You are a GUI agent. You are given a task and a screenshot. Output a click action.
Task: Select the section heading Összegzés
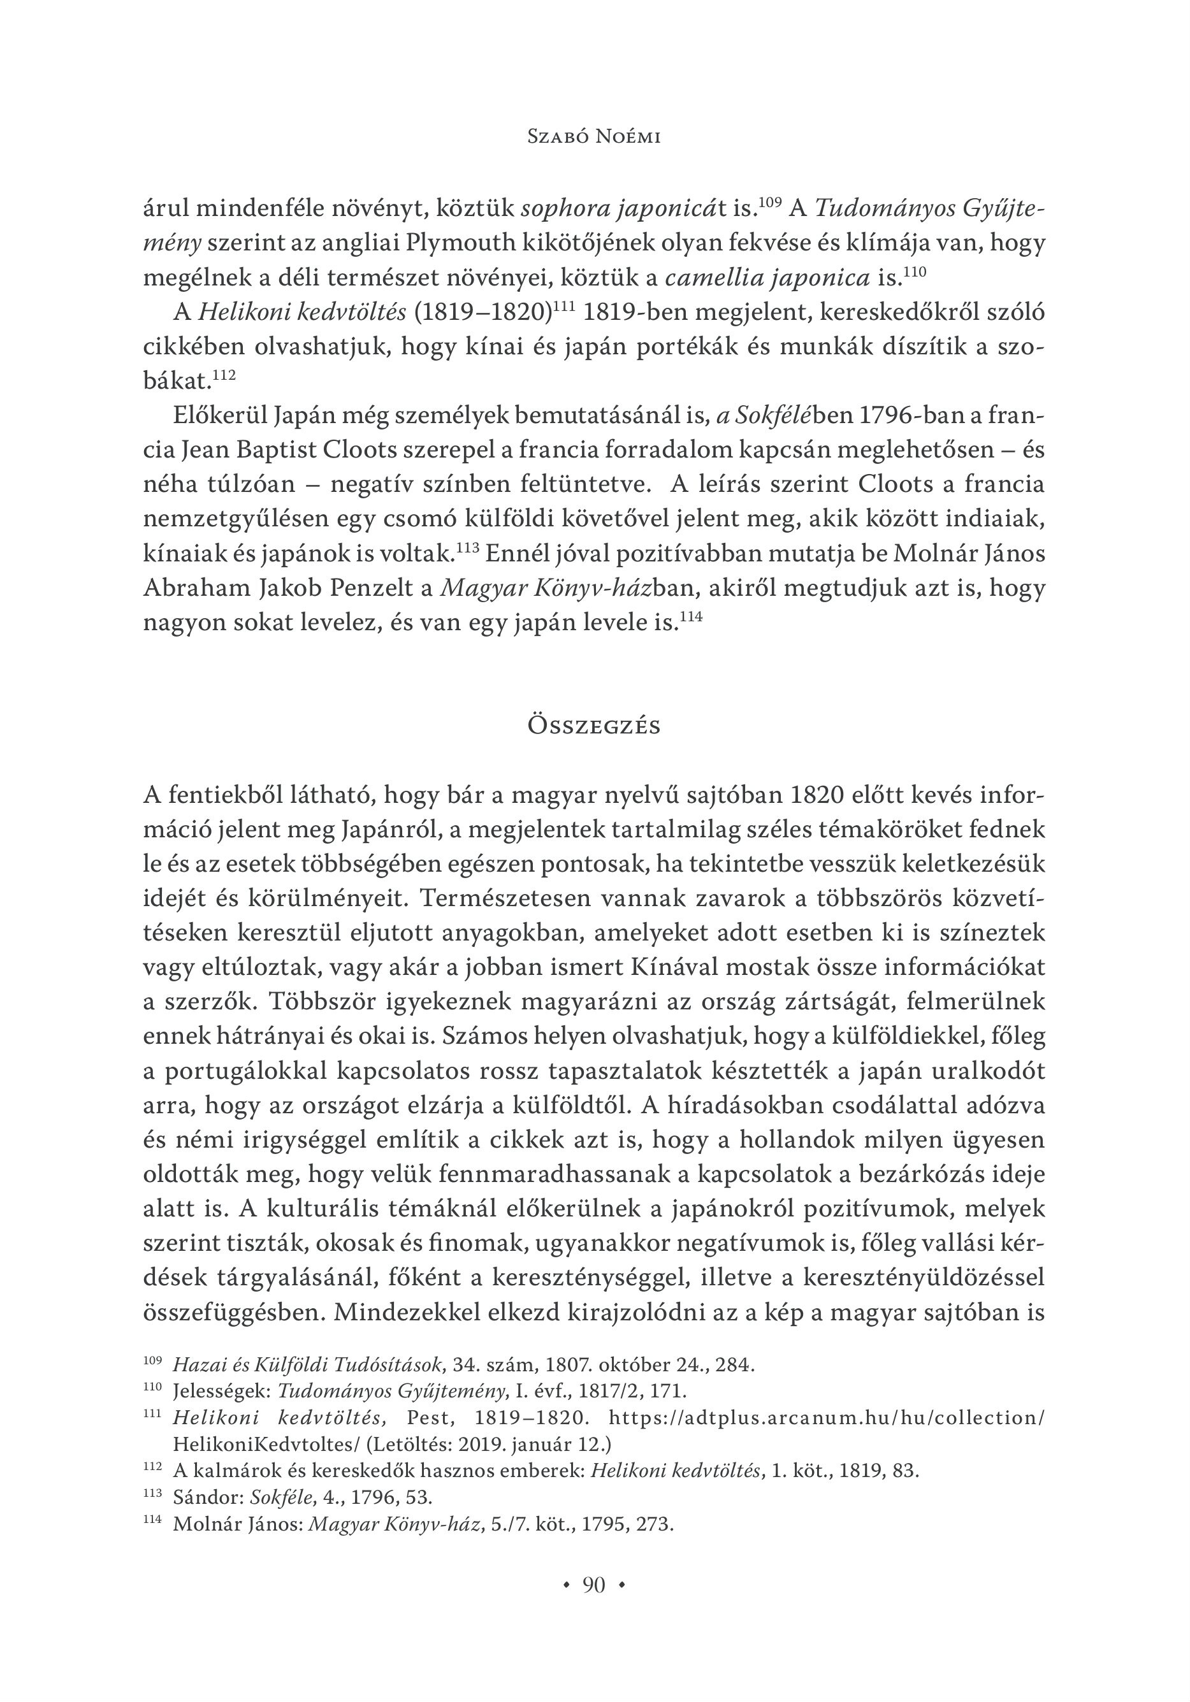coord(593,725)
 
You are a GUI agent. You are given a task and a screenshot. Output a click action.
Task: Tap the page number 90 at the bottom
coord(593,1585)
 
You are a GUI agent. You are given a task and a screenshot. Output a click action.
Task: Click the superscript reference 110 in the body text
coord(915,271)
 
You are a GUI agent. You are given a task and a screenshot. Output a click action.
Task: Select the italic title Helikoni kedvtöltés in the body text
coord(301,312)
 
